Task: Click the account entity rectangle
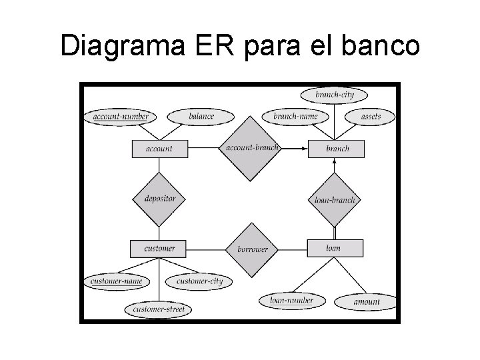click(159, 149)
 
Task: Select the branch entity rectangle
click(337, 149)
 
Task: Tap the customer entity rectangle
click(159, 249)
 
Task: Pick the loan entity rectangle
click(335, 249)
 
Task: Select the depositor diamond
click(159, 199)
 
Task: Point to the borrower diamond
click(251, 249)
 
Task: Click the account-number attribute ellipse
click(120, 117)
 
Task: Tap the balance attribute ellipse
click(201, 117)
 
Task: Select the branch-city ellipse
click(335, 95)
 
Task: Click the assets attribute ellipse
click(371, 117)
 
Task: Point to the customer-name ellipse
click(117, 281)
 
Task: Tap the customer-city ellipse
click(199, 281)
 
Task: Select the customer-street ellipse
click(159, 309)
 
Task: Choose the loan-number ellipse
click(291, 301)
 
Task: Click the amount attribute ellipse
click(366, 302)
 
